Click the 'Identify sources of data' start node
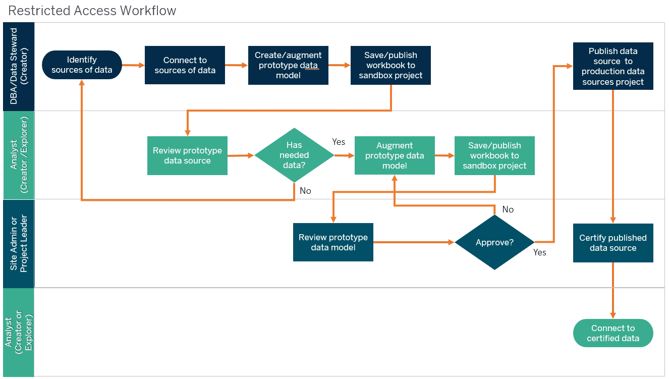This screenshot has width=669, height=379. coord(82,65)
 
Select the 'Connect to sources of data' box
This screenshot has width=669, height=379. coord(185,65)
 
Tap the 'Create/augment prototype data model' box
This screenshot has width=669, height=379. coord(288,65)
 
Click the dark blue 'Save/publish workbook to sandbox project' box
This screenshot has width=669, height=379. coord(391,65)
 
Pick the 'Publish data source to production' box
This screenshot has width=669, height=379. coord(613,66)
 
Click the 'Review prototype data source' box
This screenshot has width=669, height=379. coord(187,155)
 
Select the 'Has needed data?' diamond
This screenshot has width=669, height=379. coord(294,155)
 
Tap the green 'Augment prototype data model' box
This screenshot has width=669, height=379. coord(395,155)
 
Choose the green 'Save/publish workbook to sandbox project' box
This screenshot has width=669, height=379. coord(494,155)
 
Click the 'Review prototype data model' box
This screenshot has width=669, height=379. coord(333,242)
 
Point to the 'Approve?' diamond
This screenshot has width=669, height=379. coord(494,242)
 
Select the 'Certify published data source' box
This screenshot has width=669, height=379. coord(613,243)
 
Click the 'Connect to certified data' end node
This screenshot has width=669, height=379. coord(613,333)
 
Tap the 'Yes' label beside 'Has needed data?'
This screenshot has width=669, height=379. coord(339,142)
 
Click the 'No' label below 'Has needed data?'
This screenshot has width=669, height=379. coord(306,191)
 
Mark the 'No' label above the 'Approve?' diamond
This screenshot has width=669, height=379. coord(508,209)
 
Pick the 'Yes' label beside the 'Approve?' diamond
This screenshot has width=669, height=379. coord(540,252)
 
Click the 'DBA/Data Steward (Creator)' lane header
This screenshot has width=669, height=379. coord(19,66)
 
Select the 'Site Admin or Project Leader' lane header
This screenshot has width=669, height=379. coord(19,244)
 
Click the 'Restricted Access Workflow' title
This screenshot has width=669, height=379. coord(92,11)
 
